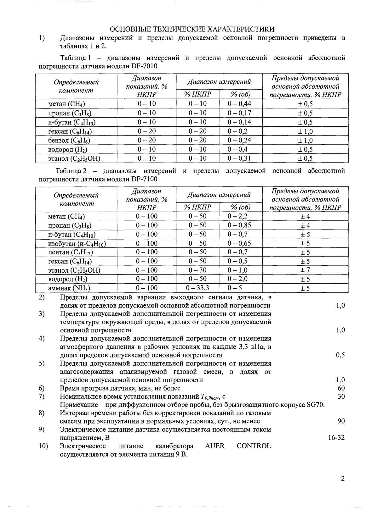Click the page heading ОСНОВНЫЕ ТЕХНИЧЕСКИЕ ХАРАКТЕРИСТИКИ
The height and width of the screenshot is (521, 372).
click(x=192, y=29)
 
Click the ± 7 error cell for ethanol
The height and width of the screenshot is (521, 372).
click(x=305, y=270)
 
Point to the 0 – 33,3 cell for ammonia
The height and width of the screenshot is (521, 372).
click(x=197, y=288)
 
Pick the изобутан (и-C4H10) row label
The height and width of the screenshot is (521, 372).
click(x=77, y=244)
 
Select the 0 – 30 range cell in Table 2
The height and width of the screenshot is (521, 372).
click(x=197, y=270)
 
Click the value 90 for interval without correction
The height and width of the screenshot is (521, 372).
click(x=341, y=421)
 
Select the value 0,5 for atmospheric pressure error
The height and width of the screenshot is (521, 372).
click(x=340, y=355)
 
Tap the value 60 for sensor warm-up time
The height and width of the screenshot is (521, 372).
click(x=341, y=388)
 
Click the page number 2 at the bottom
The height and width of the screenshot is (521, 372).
click(x=343, y=479)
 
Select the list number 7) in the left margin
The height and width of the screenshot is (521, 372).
click(x=42, y=396)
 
